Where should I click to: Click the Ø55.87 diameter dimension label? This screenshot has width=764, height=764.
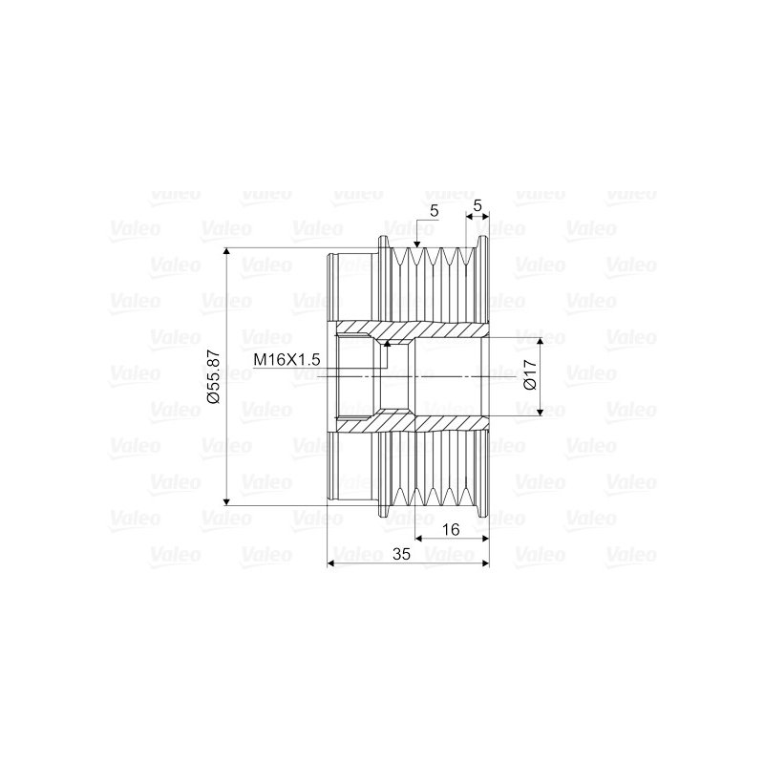[213, 377]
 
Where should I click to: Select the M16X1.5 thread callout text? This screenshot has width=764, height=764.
[286, 360]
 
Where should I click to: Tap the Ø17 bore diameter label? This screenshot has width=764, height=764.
[530, 374]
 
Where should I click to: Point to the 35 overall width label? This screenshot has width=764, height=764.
[401, 554]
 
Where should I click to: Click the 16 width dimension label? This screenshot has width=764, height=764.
[452, 529]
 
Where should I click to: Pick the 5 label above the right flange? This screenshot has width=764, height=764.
[477, 205]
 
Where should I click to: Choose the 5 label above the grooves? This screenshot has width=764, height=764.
[435, 210]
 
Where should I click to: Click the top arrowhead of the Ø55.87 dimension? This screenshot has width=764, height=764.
[226, 251]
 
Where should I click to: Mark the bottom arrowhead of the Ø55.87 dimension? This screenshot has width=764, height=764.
[226, 502]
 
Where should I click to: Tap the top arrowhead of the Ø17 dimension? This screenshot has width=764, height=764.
[540, 341]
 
